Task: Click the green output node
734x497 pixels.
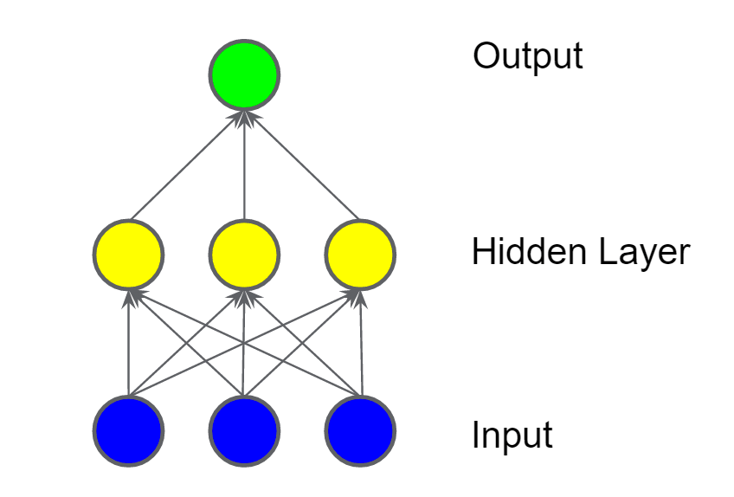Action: click(244, 75)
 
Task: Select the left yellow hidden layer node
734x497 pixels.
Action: click(128, 255)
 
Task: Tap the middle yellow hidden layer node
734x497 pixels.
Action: click(244, 255)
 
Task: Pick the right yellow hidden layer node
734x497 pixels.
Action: click(360, 255)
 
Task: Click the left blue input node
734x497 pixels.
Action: click(128, 430)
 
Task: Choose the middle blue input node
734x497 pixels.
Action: click(244, 430)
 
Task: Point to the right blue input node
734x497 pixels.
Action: click(360, 430)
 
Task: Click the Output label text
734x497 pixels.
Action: click(527, 57)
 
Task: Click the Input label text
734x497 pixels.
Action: click(512, 435)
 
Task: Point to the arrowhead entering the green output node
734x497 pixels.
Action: click(244, 117)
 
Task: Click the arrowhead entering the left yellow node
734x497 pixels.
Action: click(130, 297)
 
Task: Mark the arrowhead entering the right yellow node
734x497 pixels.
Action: click(358, 297)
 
